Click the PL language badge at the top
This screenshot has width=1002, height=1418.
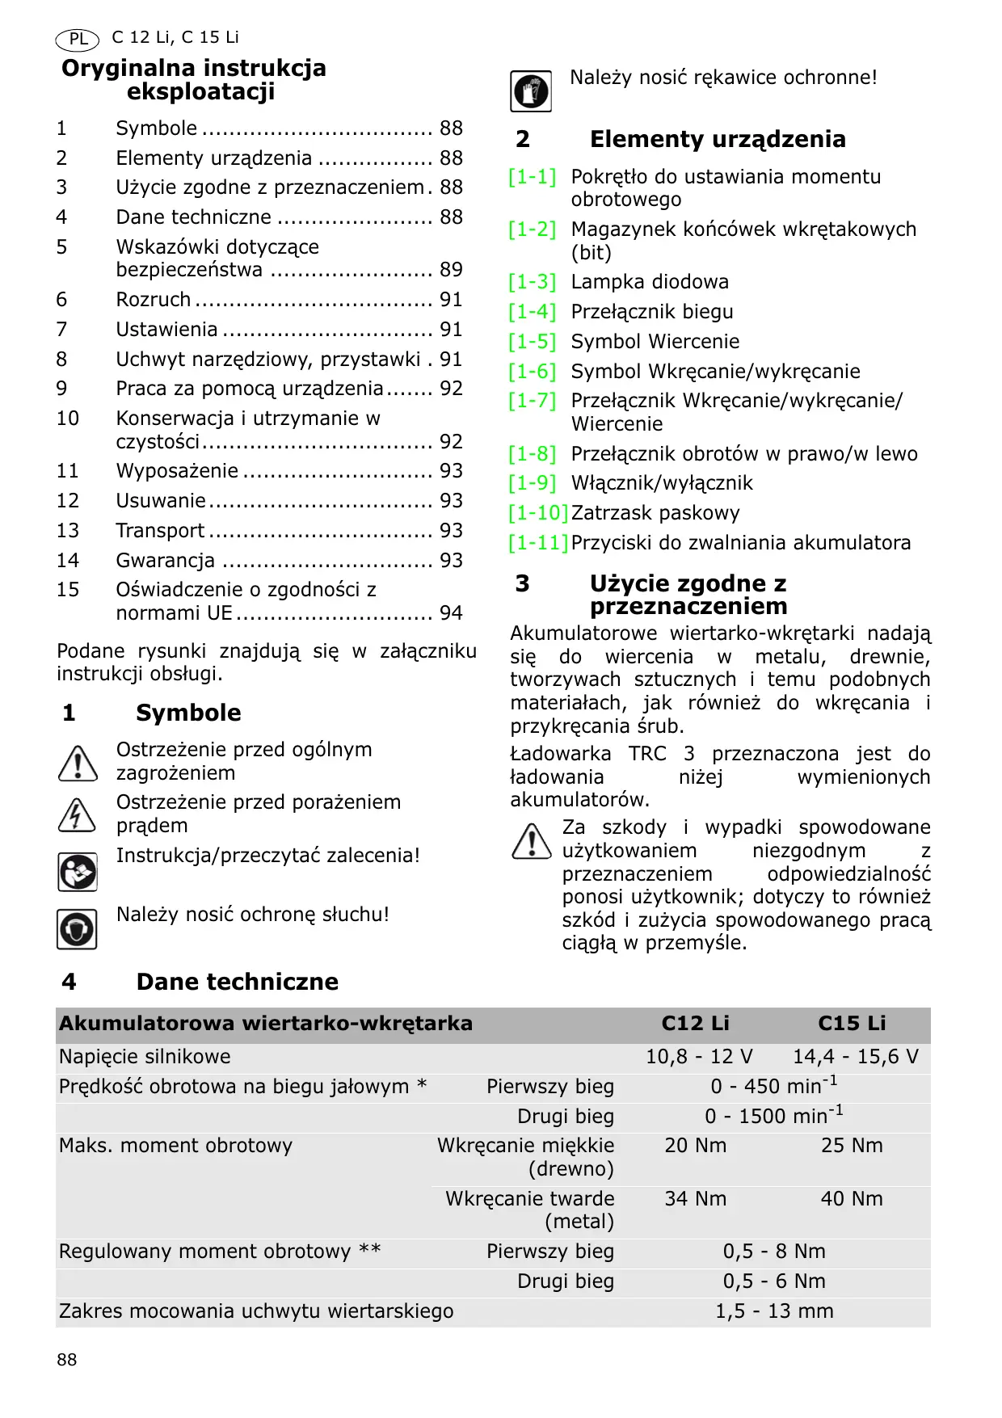tap(78, 39)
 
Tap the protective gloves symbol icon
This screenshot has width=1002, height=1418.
tap(530, 90)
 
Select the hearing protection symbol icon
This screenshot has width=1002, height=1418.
tap(77, 928)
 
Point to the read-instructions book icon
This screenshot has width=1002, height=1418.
tap(77, 872)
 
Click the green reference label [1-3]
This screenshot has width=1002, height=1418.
tap(533, 282)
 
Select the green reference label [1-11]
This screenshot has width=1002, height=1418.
tap(538, 543)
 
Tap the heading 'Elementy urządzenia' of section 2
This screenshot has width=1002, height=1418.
tap(718, 139)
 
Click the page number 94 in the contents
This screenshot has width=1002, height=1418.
tap(451, 613)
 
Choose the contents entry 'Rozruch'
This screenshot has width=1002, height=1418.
tap(154, 300)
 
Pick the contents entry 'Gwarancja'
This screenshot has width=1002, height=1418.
tap(166, 561)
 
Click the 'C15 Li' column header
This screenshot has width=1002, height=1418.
tap(852, 1024)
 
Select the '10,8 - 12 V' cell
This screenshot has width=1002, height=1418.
tap(699, 1057)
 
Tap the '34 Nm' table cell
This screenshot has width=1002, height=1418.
tap(695, 1199)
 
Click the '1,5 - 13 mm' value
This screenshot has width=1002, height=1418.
tap(774, 1311)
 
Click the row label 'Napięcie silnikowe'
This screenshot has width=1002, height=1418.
tap(145, 1057)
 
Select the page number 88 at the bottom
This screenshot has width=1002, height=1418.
tap(67, 1360)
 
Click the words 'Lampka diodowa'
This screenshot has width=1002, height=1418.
tap(650, 282)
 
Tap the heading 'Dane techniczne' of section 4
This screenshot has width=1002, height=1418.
tap(237, 982)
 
